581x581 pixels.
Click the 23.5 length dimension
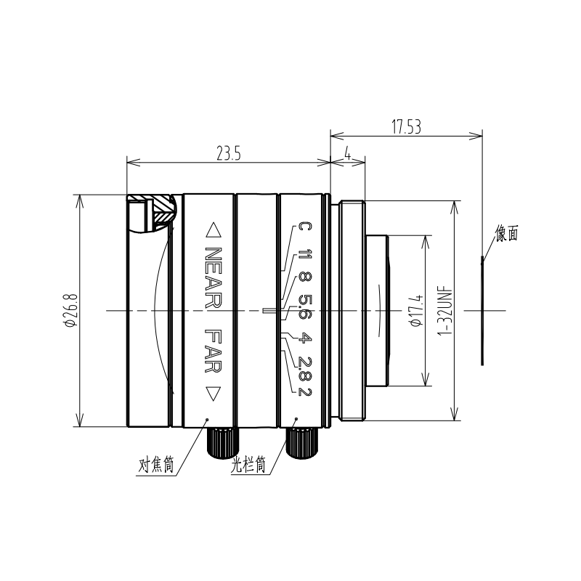pos(229,153)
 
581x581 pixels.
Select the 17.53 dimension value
pos(407,126)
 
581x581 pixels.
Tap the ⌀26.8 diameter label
pos(70,310)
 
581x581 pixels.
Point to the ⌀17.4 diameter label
pos(415,311)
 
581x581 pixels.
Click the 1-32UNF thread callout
pos(446,311)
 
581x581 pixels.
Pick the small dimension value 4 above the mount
pos(348,153)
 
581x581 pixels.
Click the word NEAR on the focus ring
pos(213,277)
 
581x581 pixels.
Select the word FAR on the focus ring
pos(213,351)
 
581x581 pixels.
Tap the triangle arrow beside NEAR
pos(213,229)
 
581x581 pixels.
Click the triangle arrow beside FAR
pos(213,394)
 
